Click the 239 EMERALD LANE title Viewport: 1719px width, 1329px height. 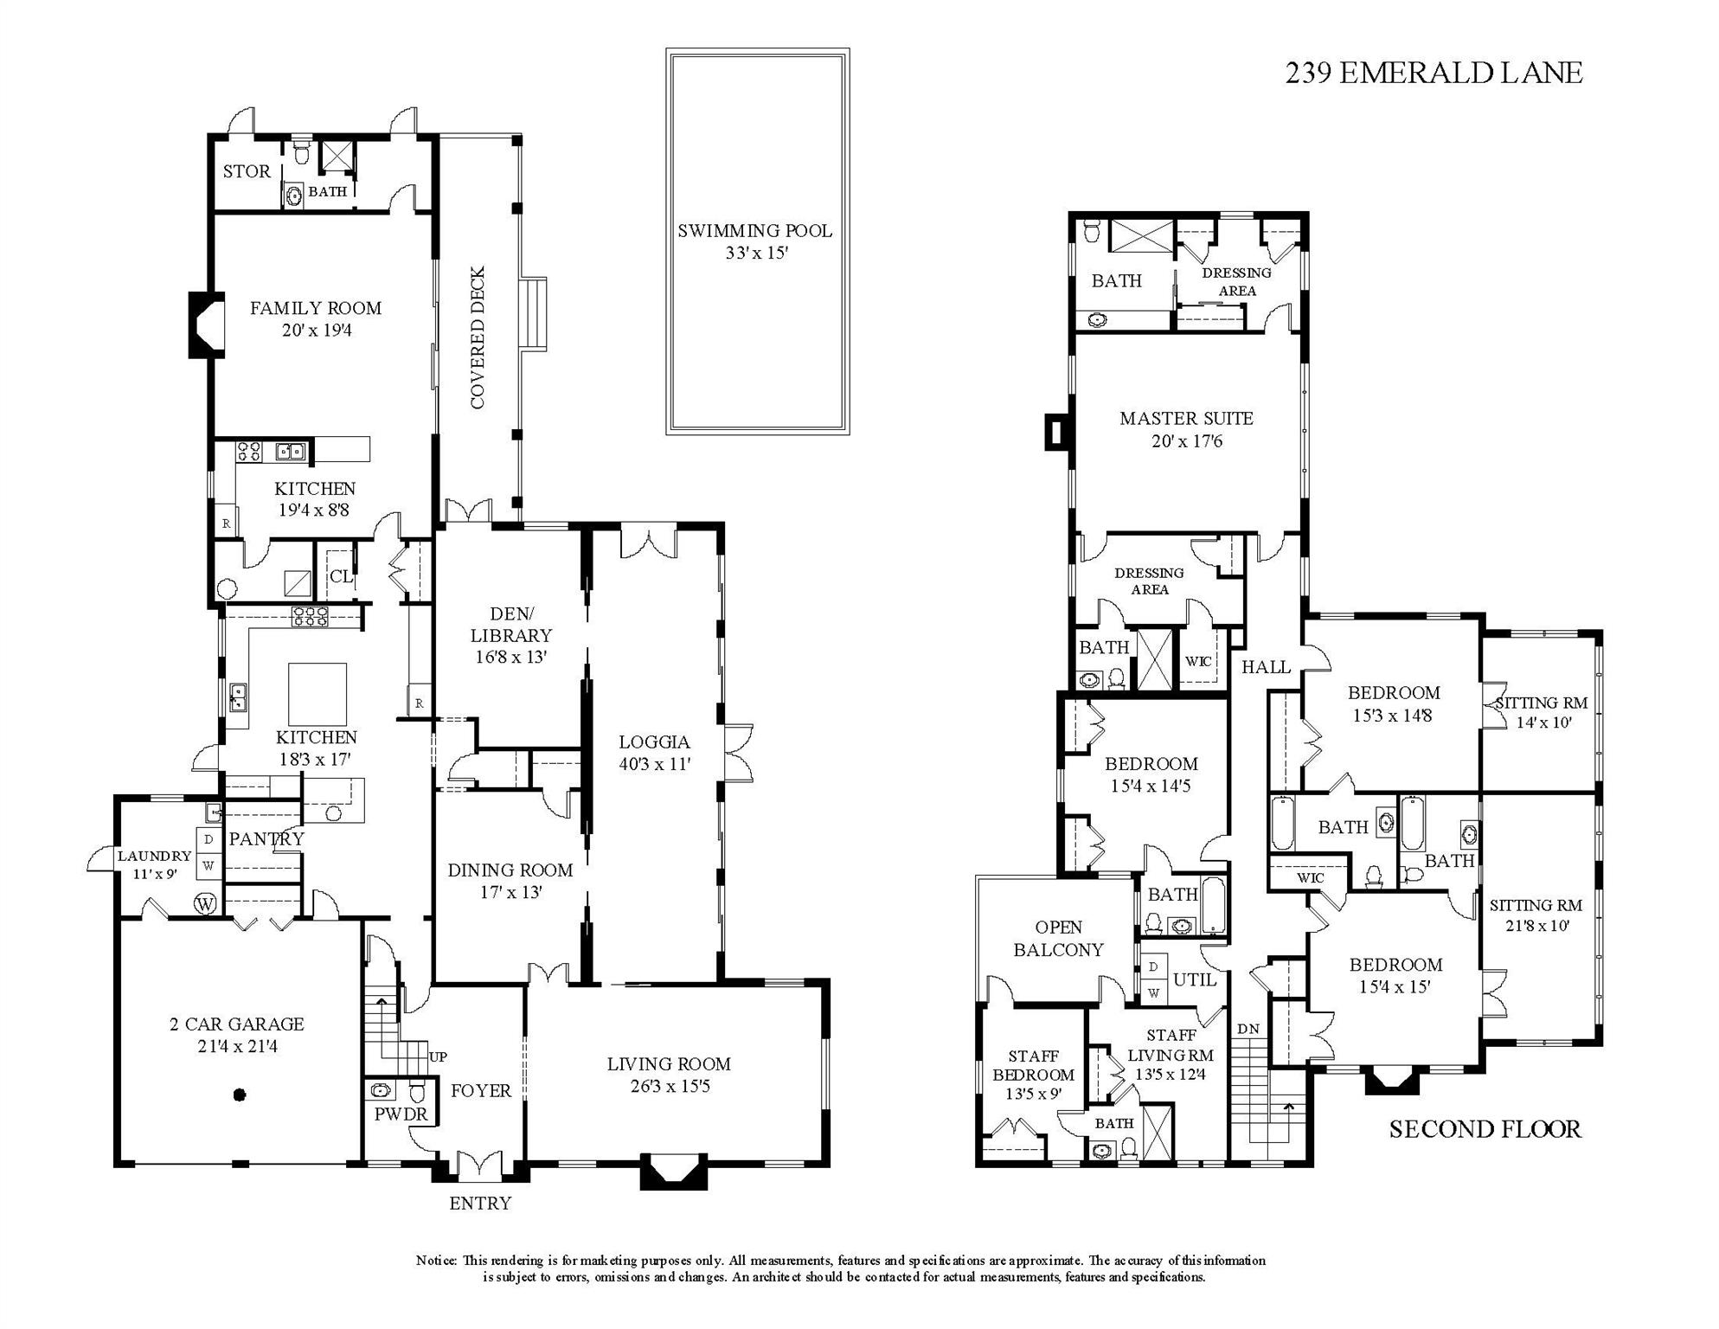(1434, 73)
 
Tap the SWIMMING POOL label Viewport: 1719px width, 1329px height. (754, 241)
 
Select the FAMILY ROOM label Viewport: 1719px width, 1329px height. (316, 318)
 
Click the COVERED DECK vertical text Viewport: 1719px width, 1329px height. (478, 337)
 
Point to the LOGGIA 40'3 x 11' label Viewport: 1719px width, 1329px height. (654, 753)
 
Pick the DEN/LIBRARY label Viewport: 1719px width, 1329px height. (510, 635)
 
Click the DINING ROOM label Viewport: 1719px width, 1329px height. (510, 880)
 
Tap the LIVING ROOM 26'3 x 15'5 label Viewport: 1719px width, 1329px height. (669, 1075)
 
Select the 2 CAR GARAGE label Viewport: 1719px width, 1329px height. (237, 1035)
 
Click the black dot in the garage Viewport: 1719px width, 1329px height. (241, 1095)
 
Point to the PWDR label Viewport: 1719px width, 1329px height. (401, 1114)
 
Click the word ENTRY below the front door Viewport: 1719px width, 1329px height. (480, 1204)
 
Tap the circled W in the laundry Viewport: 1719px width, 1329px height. (205, 904)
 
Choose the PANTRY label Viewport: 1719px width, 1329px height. (266, 838)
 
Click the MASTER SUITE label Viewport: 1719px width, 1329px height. (1186, 429)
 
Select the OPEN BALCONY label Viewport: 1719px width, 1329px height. (1058, 938)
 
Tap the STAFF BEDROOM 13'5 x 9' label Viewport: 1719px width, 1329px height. (1033, 1075)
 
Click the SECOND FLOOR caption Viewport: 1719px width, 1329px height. (1485, 1129)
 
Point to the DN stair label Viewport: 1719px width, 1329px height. (1248, 1029)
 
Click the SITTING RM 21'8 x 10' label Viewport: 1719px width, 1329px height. (1536, 915)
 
